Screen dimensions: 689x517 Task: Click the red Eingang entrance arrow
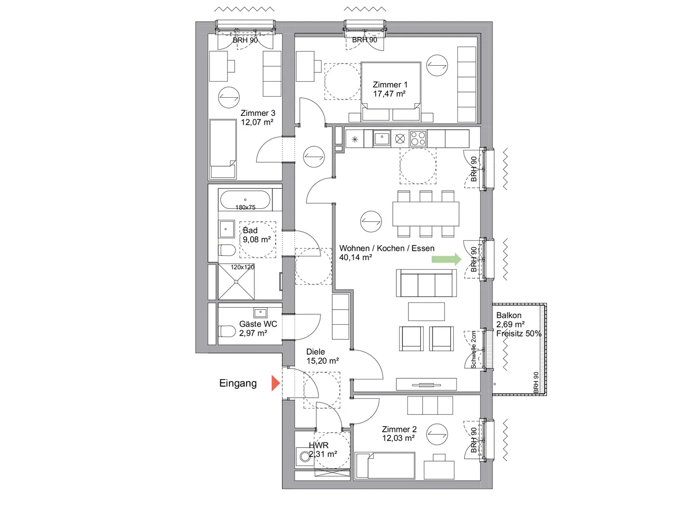click(275, 383)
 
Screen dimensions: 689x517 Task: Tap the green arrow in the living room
click(447, 260)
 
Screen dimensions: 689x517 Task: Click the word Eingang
click(238, 383)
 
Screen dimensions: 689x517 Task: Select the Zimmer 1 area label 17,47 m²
click(389, 94)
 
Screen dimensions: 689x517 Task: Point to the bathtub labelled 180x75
click(245, 200)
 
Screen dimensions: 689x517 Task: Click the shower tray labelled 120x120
click(236, 282)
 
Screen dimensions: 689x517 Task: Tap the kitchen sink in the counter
click(381, 139)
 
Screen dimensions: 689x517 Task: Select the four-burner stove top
click(418, 139)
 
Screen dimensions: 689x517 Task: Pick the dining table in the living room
click(425, 214)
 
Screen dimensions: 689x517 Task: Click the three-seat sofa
click(426, 283)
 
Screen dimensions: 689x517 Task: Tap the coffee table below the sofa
click(426, 311)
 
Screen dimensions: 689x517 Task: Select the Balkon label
click(509, 315)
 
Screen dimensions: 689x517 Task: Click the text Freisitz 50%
click(519, 333)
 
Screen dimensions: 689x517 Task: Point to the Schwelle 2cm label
click(473, 350)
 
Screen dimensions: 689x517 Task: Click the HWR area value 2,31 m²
click(324, 454)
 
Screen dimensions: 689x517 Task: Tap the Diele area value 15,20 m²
click(323, 361)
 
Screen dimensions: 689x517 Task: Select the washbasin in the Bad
click(226, 229)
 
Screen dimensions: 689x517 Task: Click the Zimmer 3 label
click(258, 113)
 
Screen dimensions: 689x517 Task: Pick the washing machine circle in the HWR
click(304, 457)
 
